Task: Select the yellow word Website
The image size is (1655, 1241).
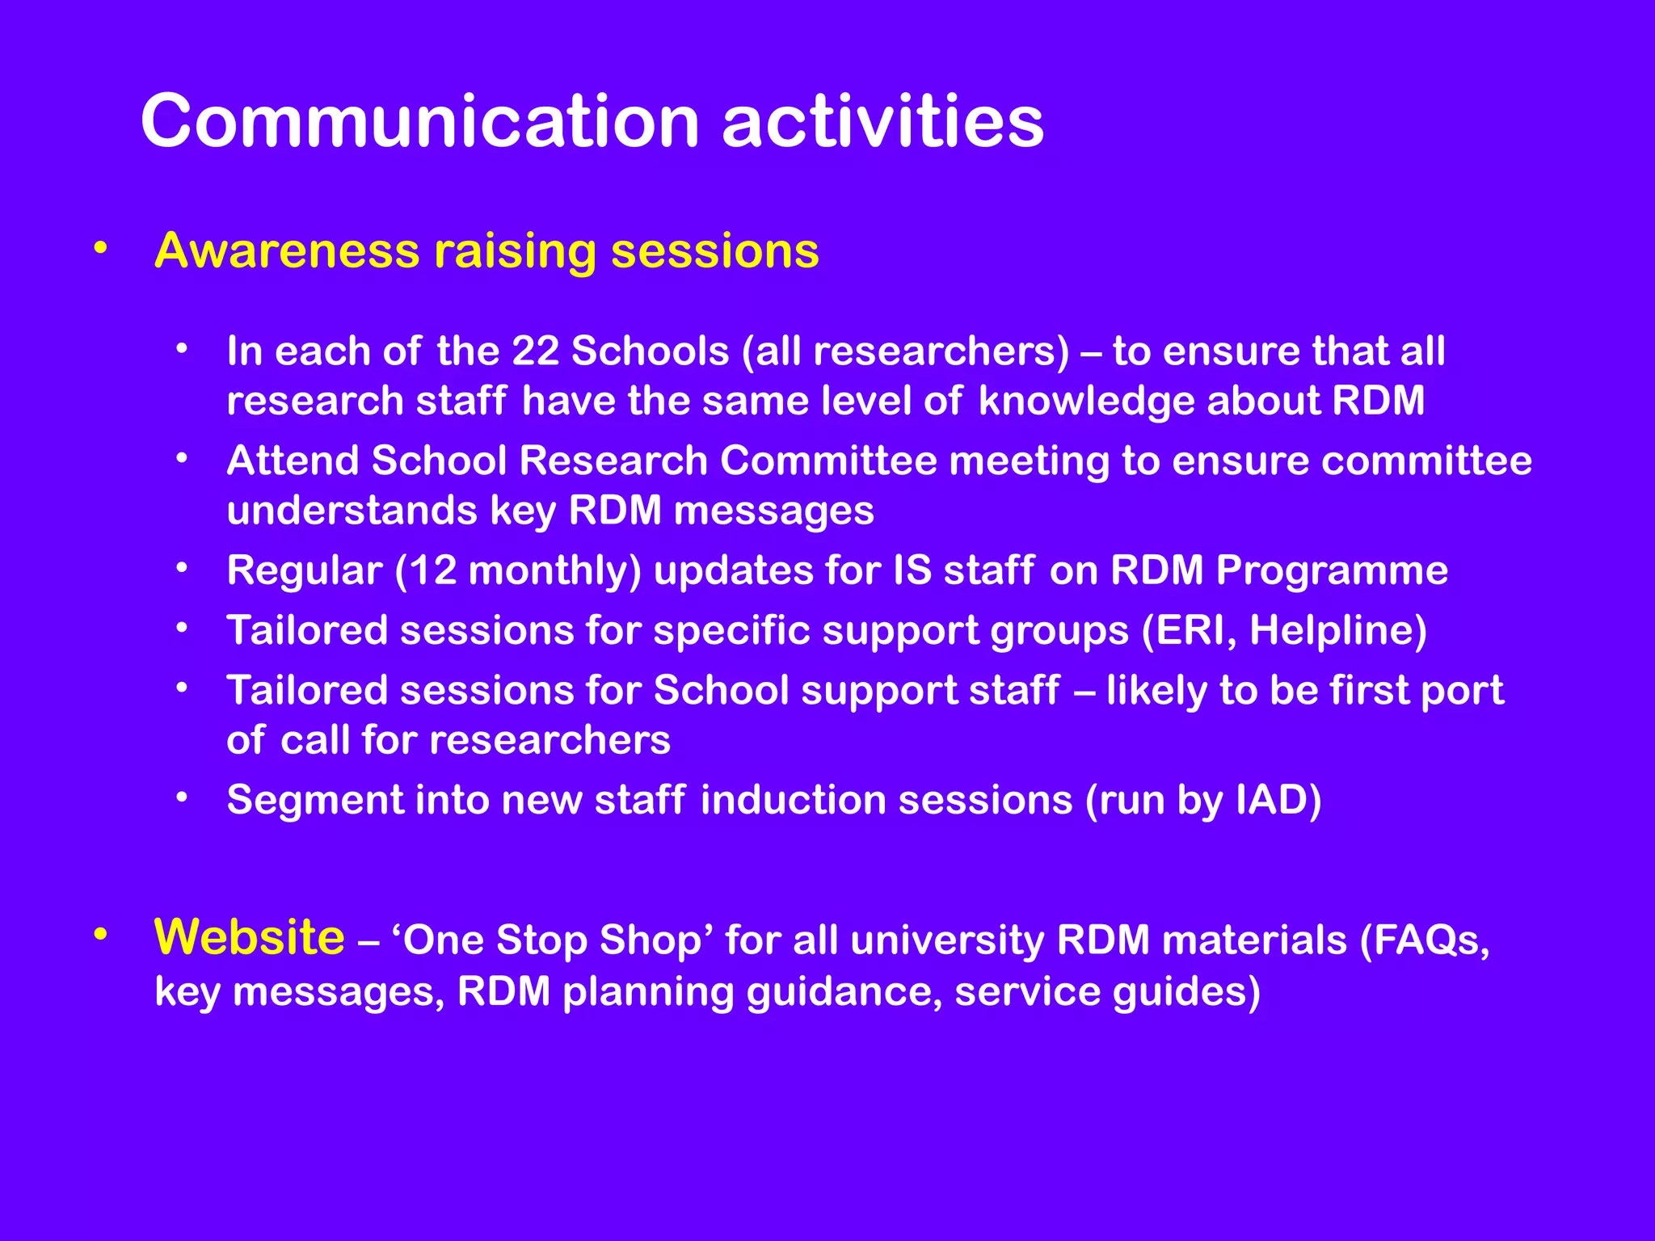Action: [x=249, y=937]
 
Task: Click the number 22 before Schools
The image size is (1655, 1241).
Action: [x=535, y=351]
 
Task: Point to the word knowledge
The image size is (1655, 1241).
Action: [x=1086, y=402]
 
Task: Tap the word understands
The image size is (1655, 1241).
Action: [x=352, y=511]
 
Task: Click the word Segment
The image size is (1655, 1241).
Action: [x=314, y=800]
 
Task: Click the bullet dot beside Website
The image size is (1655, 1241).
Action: [x=100, y=935]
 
